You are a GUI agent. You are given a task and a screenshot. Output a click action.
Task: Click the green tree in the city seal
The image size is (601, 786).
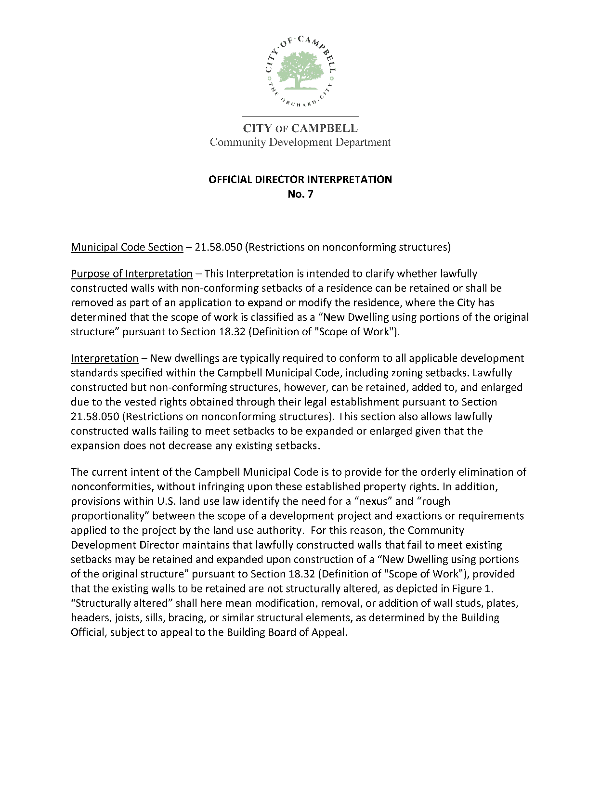click(x=300, y=70)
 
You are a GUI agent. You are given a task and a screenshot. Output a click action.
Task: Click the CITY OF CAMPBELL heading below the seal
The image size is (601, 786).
click(x=300, y=129)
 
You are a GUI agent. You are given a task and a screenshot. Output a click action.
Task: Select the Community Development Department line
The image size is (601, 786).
click(x=300, y=142)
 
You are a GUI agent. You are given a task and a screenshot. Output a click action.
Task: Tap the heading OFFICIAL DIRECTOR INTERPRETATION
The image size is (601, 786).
click(x=300, y=180)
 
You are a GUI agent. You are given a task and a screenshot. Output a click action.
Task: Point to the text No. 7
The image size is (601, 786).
click(x=300, y=194)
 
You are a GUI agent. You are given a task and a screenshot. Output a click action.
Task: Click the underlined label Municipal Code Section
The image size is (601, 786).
click(x=127, y=248)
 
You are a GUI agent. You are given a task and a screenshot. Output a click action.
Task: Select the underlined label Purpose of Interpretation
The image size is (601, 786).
click(x=131, y=274)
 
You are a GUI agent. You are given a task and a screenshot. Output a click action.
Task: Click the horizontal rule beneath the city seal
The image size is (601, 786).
click(x=300, y=117)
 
